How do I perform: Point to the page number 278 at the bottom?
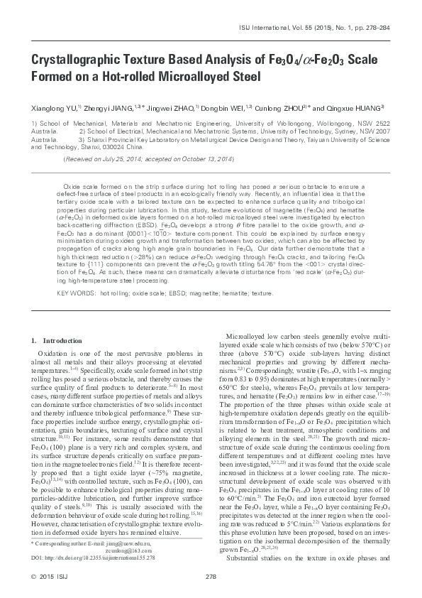210,576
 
